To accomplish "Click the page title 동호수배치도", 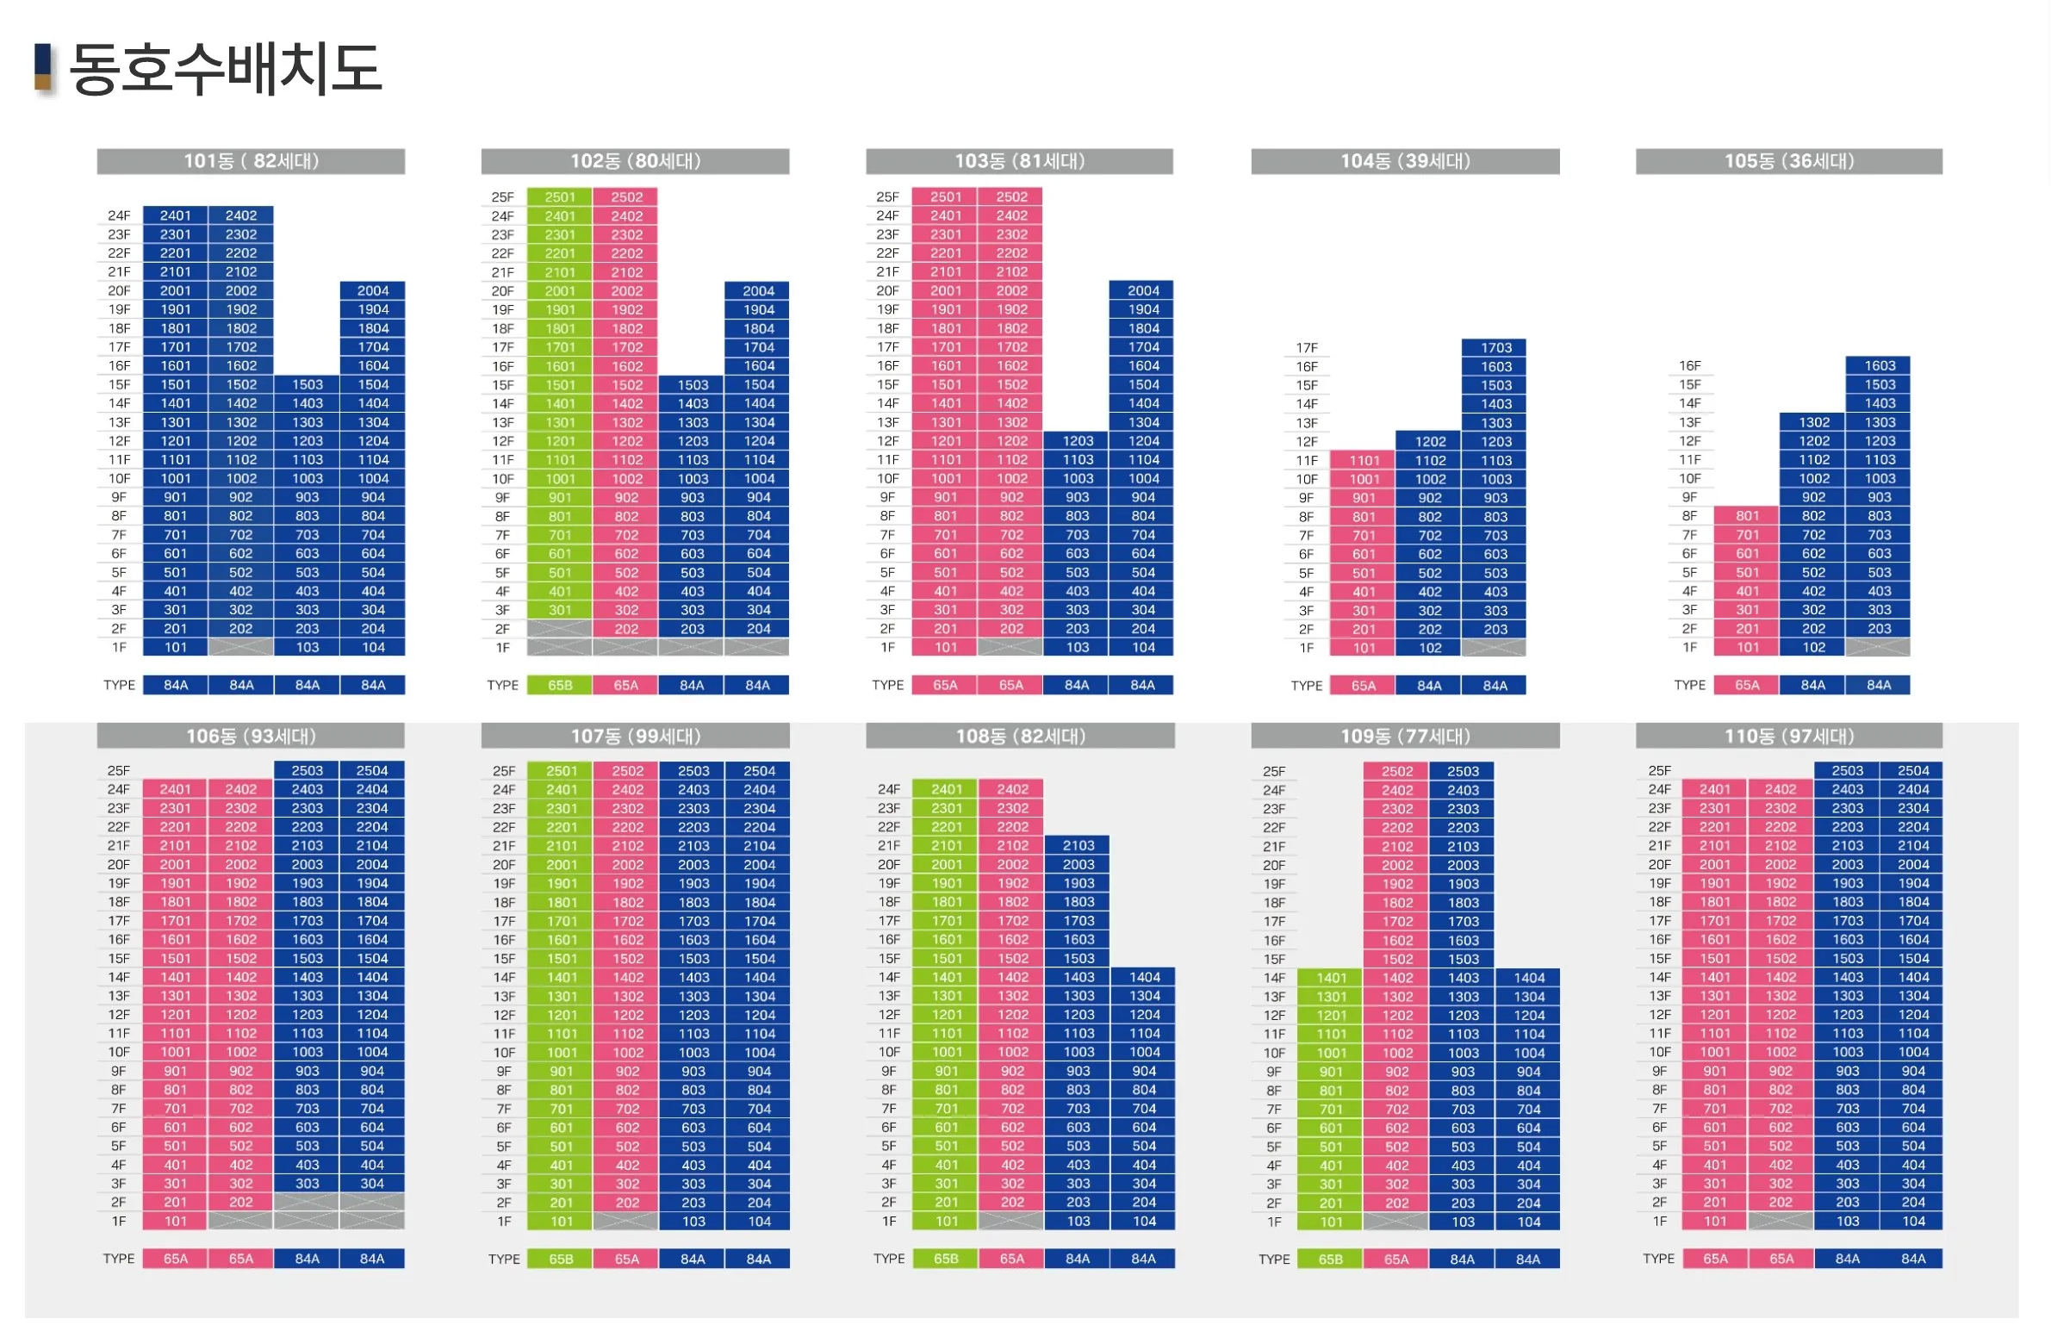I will tap(225, 69).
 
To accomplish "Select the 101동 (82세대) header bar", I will tap(251, 161).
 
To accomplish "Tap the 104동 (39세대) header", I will tap(1404, 161).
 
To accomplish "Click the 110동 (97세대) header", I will tap(1788, 736).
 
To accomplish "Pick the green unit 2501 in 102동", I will tap(560, 197).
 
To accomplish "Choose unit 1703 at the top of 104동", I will tap(1495, 348).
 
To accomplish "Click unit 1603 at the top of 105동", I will tap(1880, 366).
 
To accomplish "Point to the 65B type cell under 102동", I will tap(560, 686).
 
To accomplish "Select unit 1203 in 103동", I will tap(1077, 441).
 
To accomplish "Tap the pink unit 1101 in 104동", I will tap(1364, 461).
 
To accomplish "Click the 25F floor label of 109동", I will tap(1273, 772).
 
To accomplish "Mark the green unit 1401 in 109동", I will tap(1331, 978).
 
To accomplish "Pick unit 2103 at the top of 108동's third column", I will tap(1078, 846).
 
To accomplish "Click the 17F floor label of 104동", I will tap(1306, 348).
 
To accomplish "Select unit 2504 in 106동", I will tap(372, 771).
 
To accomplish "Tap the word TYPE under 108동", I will tap(888, 1259).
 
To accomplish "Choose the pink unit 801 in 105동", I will tap(1747, 516).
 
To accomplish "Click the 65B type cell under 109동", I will tap(1330, 1260).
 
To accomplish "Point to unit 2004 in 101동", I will tap(373, 291).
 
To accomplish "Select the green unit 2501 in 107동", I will tap(561, 771).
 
